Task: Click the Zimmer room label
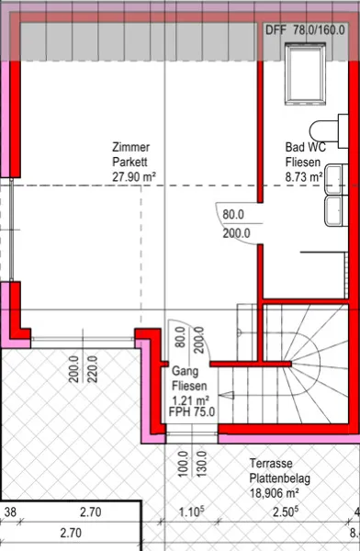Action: click(x=130, y=147)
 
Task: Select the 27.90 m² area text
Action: click(x=134, y=176)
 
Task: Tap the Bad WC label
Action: click(x=305, y=147)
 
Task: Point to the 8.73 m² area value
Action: click(x=304, y=176)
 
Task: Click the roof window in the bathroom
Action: click(x=305, y=73)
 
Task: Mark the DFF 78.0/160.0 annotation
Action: click(x=305, y=30)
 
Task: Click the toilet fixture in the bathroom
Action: click(x=329, y=131)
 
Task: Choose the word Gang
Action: click(x=185, y=371)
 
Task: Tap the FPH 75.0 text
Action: click(x=192, y=411)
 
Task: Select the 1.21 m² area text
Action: click(x=190, y=399)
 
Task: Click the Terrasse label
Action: click(x=271, y=463)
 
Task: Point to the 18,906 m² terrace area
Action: click(x=275, y=493)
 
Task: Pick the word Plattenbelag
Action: click(x=280, y=478)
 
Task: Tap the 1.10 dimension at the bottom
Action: click(x=191, y=512)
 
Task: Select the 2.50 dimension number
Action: click(x=286, y=512)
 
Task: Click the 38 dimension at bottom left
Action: click(x=10, y=512)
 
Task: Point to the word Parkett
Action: click(x=129, y=162)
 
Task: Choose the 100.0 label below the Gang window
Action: click(x=183, y=464)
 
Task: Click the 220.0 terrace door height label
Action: click(x=92, y=369)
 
